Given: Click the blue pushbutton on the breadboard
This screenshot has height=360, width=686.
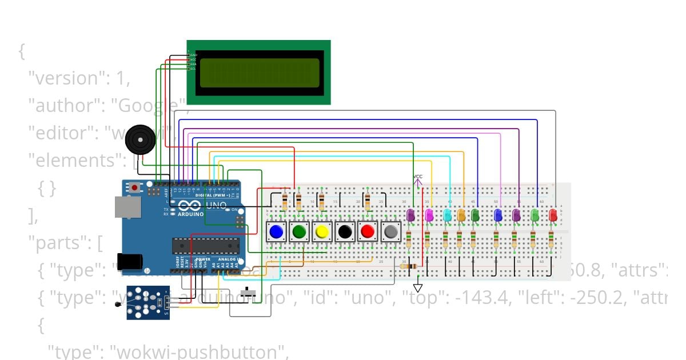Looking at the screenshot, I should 276,231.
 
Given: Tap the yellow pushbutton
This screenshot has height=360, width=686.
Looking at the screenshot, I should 322,231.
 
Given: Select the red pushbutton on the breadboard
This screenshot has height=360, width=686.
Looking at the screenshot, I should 368,231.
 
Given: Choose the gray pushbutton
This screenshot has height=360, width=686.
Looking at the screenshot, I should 390,231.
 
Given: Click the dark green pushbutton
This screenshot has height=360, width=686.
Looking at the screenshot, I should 299,231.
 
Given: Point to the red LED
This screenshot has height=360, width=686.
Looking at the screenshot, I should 553,215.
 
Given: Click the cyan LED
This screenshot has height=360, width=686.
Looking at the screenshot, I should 447,215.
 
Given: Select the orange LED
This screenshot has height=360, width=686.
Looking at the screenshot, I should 461,215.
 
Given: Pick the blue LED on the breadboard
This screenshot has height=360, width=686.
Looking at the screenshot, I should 497,215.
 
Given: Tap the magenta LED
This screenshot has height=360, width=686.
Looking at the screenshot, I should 429,215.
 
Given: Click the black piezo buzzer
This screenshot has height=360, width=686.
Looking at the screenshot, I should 140,138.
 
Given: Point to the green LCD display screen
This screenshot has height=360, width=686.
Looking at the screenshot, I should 258,73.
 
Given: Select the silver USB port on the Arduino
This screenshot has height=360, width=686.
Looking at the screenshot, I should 127,207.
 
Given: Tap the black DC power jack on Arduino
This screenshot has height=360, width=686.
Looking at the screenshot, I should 129,261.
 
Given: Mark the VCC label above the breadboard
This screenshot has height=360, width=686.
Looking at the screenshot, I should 418,177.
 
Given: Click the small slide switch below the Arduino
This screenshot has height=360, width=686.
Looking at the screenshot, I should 248,292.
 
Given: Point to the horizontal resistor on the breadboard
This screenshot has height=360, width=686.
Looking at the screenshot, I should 408,266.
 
